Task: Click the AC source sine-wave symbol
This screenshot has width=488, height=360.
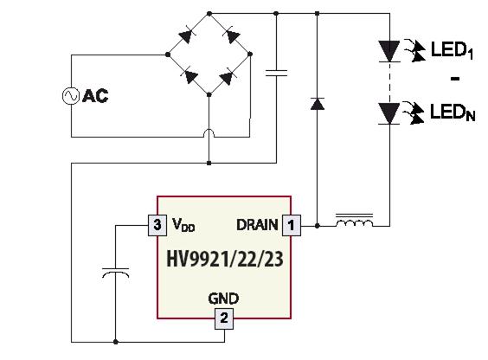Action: coord(71,96)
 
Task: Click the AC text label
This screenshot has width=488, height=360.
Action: coord(95,96)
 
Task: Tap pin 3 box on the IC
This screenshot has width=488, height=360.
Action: coord(157,225)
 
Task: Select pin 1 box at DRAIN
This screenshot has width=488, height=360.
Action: coord(292,225)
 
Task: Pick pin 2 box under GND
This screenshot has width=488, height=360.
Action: coord(224,318)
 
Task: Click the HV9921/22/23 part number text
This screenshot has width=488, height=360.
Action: coord(225,260)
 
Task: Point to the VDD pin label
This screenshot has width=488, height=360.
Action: coord(183,225)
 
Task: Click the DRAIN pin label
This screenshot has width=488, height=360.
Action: coord(257,225)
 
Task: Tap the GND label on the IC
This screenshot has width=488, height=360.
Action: coord(223,299)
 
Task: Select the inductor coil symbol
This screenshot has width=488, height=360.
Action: coord(354,221)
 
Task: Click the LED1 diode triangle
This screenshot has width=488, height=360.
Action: coord(389,51)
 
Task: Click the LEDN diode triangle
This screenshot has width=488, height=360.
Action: coord(389,114)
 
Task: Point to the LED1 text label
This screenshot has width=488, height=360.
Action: coord(453,50)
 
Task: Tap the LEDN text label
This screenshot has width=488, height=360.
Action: coord(453,112)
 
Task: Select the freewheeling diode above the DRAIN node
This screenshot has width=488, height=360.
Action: coord(318,104)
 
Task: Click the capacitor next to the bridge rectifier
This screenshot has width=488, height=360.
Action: coord(276,73)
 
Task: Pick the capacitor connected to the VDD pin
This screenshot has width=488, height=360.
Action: coord(115,273)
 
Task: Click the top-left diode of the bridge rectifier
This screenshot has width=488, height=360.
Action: coord(186,35)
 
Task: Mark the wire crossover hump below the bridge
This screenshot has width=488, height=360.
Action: coord(209,132)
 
